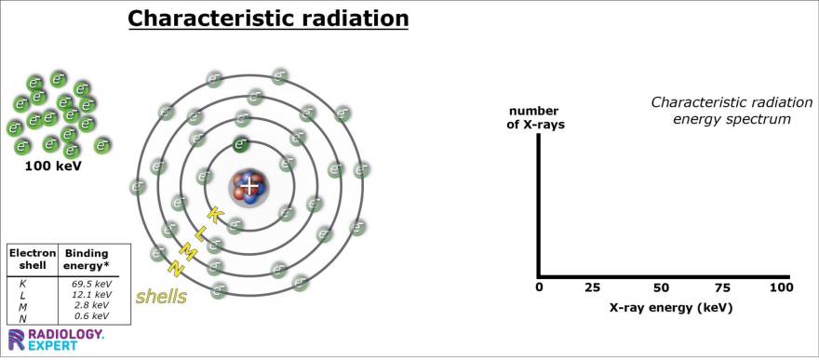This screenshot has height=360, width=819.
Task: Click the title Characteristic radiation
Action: (268, 19)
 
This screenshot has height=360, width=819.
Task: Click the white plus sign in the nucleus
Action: (249, 186)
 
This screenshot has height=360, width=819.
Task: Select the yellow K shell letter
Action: (213, 215)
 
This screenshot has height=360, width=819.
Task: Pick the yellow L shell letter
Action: (200, 233)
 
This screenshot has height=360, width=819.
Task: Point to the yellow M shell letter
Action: (187, 251)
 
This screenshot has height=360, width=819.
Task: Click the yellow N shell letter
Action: (174, 269)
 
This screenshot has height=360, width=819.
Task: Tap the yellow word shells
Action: (161, 297)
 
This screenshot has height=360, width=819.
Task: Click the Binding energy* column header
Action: (86, 260)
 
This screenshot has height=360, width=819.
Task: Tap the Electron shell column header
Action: (33, 260)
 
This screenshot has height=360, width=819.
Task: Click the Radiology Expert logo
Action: (56, 339)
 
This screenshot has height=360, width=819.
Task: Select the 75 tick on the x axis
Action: (722, 288)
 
